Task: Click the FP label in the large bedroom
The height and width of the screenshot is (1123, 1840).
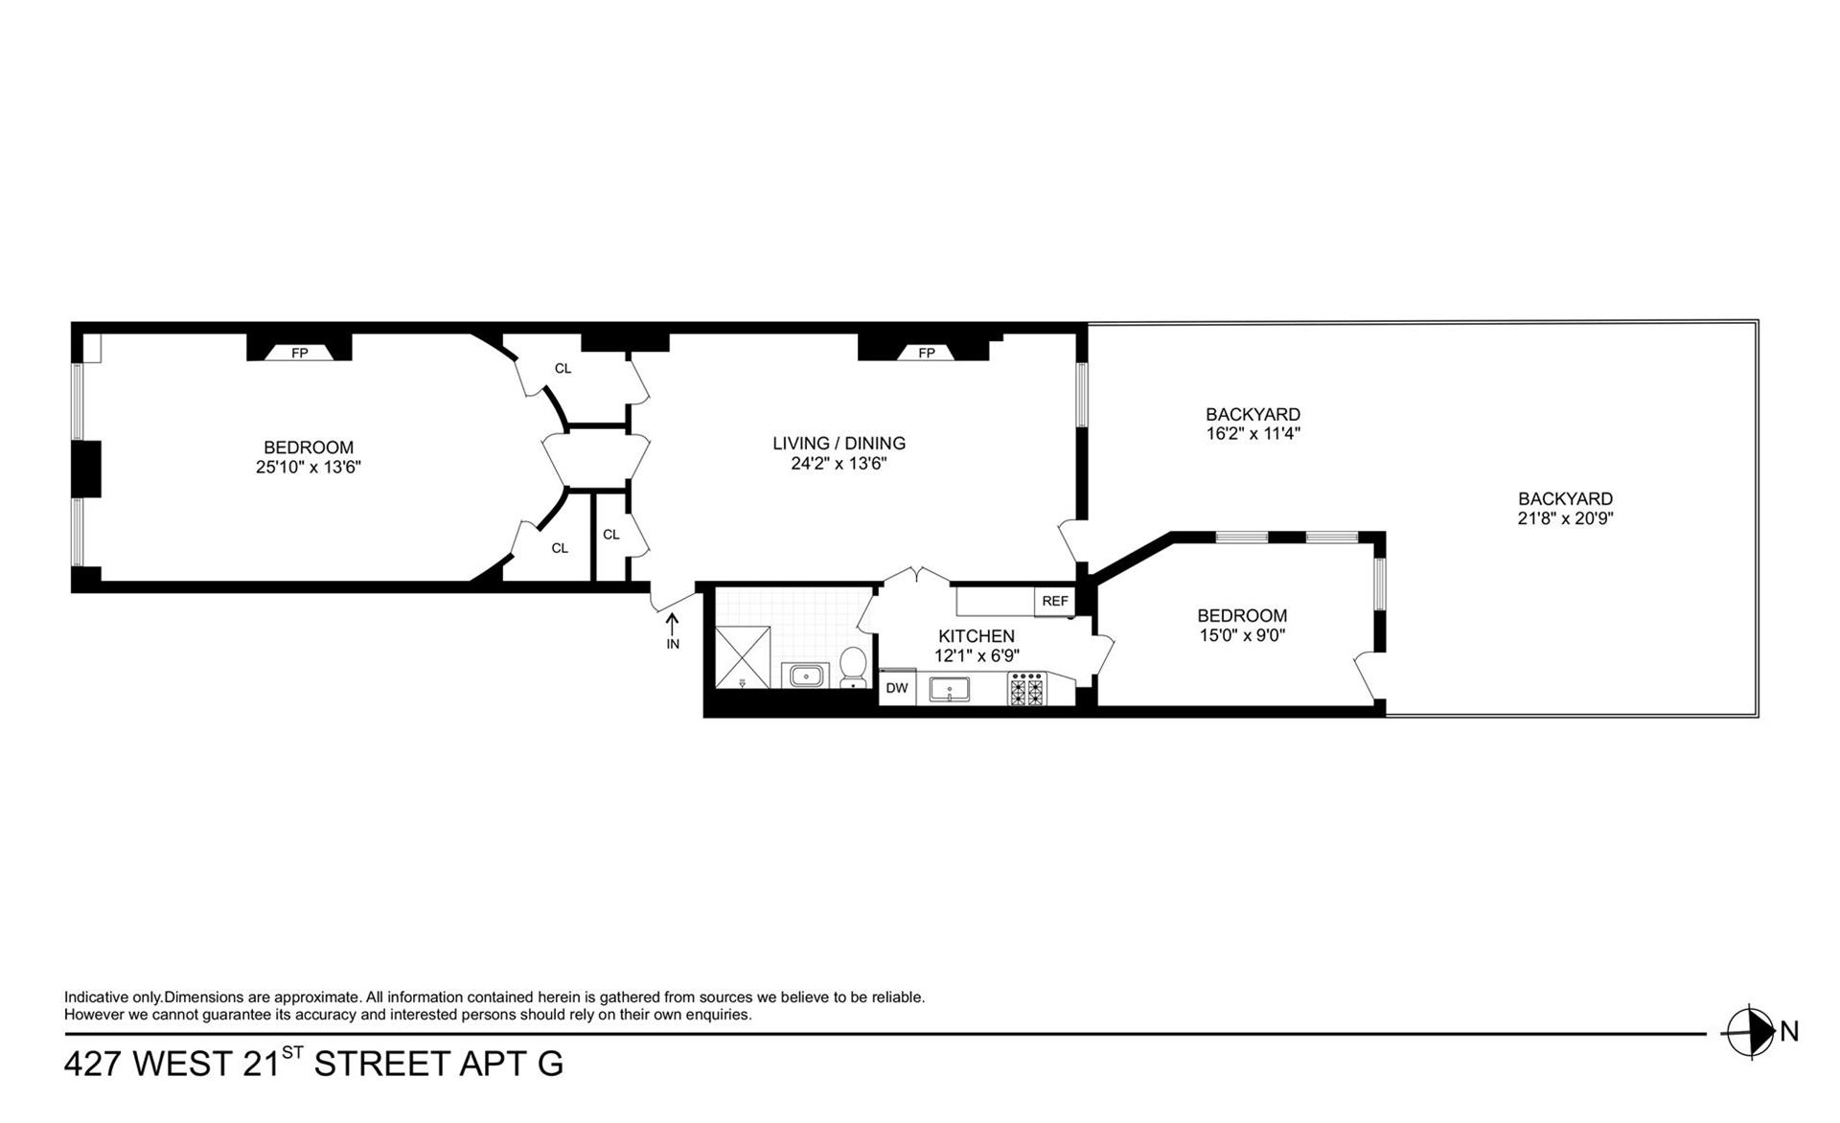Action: tap(299, 353)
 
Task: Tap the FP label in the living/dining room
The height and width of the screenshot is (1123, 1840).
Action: tap(926, 353)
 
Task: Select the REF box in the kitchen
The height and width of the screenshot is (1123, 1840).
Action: tap(1054, 601)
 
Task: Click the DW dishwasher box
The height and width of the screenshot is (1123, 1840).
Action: tap(897, 688)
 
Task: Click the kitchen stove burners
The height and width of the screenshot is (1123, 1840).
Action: tap(1027, 689)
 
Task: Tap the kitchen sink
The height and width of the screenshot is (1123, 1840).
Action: tap(949, 689)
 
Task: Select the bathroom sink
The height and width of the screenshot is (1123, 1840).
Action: tap(807, 676)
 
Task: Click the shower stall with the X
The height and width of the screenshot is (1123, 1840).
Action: tap(743, 656)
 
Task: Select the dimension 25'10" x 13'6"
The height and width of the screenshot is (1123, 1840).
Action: tap(308, 468)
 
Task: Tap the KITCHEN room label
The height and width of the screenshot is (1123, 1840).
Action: tap(976, 636)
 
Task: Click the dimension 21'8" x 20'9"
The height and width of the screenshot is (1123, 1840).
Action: tap(1565, 518)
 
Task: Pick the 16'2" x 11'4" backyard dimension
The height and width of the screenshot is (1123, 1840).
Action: tap(1253, 433)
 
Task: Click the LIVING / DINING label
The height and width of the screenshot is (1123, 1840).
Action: tap(839, 443)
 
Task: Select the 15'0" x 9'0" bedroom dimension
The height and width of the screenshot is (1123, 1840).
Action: tap(1241, 634)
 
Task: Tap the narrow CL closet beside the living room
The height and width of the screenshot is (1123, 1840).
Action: tap(611, 535)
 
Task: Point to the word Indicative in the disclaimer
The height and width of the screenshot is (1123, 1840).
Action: tap(96, 997)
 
